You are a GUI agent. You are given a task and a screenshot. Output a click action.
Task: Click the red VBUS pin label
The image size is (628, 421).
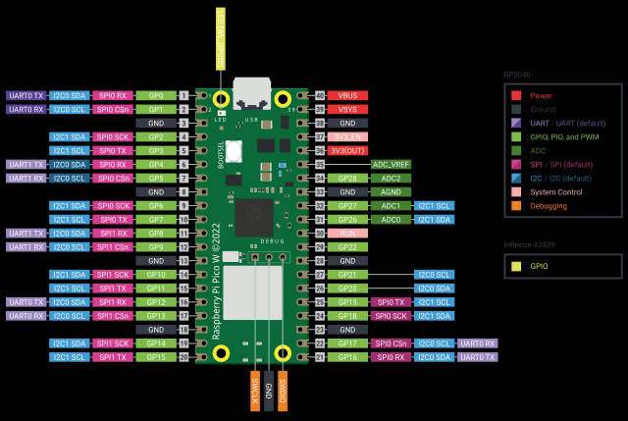tap(347, 95)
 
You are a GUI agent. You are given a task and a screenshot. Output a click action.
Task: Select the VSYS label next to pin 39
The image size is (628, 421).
tap(347, 109)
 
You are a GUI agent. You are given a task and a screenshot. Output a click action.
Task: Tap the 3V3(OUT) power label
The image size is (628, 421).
tap(347, 150)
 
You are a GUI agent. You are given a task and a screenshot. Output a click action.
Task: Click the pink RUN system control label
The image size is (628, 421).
tap(347, 234)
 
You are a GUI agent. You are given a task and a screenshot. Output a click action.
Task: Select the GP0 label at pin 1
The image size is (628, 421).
tap(155, 95)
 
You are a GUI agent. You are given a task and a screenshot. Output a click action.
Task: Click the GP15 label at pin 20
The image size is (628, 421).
tap(155, 357)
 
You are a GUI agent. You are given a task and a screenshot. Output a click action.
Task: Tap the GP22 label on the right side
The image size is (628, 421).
tap(347, 247)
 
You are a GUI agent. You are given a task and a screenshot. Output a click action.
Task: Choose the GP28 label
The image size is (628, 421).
tap(347, 179)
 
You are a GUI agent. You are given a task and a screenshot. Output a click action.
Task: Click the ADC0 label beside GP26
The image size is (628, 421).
tap(392, 220)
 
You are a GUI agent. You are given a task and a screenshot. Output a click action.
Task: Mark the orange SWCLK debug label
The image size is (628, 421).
tap(255, 391)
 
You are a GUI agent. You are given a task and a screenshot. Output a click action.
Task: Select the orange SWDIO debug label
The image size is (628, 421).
tap(283, 391)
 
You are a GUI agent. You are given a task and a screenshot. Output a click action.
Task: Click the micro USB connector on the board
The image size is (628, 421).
tap(252, 92)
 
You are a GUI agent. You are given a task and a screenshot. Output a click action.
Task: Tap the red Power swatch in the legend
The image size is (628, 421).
tap(516, 95)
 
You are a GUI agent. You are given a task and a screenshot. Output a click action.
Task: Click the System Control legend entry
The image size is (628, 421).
tap(556, 192)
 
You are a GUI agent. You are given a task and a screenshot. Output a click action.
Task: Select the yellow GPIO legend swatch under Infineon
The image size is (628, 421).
tap(516, 265)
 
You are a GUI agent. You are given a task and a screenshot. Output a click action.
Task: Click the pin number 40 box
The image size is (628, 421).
tap(320, 95)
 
